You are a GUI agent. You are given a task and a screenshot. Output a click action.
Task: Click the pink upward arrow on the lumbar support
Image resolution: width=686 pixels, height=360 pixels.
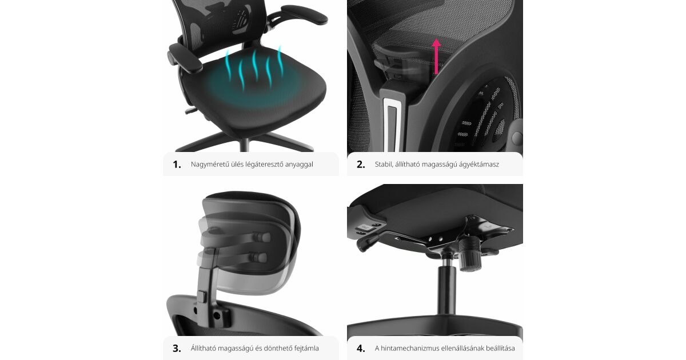pos(436,57)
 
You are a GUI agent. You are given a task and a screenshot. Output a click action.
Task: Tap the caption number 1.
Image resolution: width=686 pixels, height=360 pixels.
pos(177,165)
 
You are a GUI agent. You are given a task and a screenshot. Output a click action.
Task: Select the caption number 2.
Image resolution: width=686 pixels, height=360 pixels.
pos(361,165)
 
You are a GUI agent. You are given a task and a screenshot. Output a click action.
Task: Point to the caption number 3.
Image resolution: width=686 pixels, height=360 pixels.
pos(177,349)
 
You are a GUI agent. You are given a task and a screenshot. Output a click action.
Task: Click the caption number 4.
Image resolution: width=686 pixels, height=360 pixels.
pos(361,349)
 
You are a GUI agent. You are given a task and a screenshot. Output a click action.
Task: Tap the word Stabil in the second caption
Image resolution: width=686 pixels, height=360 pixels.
pos(384,165)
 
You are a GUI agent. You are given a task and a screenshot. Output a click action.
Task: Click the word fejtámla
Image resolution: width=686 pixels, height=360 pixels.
pos(306,349)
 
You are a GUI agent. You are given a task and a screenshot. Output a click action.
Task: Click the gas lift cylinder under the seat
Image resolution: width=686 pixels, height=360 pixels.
pos(446,289)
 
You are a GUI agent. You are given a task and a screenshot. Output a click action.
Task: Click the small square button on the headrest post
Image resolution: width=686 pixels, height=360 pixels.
pos(202,297)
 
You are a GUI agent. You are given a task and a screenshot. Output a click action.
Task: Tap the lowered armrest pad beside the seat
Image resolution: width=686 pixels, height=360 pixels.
pos(185,58)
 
